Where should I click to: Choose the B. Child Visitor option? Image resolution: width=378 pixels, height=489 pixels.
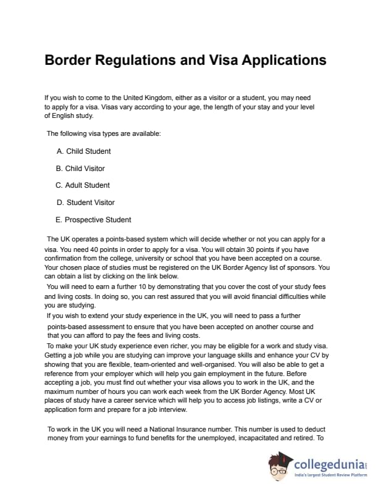tap(80, 169)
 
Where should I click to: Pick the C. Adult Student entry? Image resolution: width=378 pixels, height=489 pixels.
tap(83, 185)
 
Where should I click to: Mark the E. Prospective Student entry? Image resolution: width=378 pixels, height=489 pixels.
tap(93, 220)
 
